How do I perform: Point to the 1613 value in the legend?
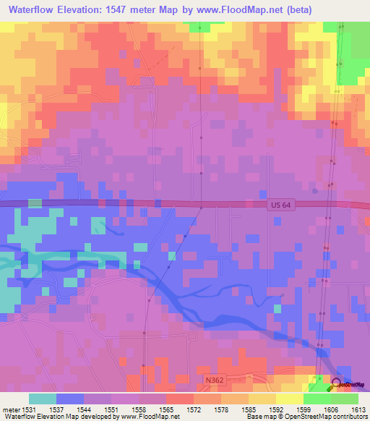358,408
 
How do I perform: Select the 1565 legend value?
165,408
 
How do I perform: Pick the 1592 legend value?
275,408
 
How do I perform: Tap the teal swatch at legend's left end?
43,399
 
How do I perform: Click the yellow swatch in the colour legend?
289,399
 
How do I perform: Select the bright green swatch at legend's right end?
344,399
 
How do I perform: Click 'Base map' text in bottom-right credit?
259,417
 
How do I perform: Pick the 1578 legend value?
220,408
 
